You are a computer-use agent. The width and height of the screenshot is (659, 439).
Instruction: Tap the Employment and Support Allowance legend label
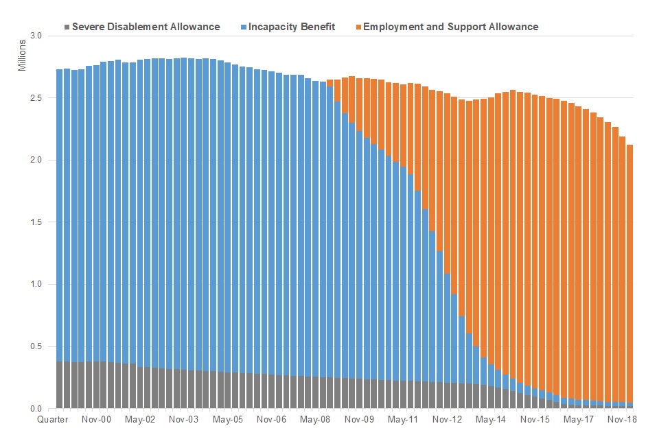click(x=450, y=27)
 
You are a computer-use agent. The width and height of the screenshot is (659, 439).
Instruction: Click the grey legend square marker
click(x=67, y=27)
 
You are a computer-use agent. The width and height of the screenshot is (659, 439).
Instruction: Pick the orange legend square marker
click(x=358, y=27)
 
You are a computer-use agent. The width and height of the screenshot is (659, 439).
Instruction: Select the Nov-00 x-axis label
click(x=97, y=419)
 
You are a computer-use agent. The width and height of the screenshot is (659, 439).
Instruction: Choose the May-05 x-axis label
click(x=229, y=419)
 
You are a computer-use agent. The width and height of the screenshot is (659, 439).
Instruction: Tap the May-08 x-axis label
click(x=316, y=419)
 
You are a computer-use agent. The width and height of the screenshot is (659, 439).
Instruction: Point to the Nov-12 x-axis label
click(x=448, y=419)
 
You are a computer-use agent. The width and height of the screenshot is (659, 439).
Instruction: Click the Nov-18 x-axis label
click(x=622, y=419)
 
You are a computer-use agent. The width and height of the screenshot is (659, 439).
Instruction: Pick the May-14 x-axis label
click(x=491, y=419)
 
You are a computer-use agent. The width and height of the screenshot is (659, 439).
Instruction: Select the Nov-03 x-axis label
click(x=185, y=419)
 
